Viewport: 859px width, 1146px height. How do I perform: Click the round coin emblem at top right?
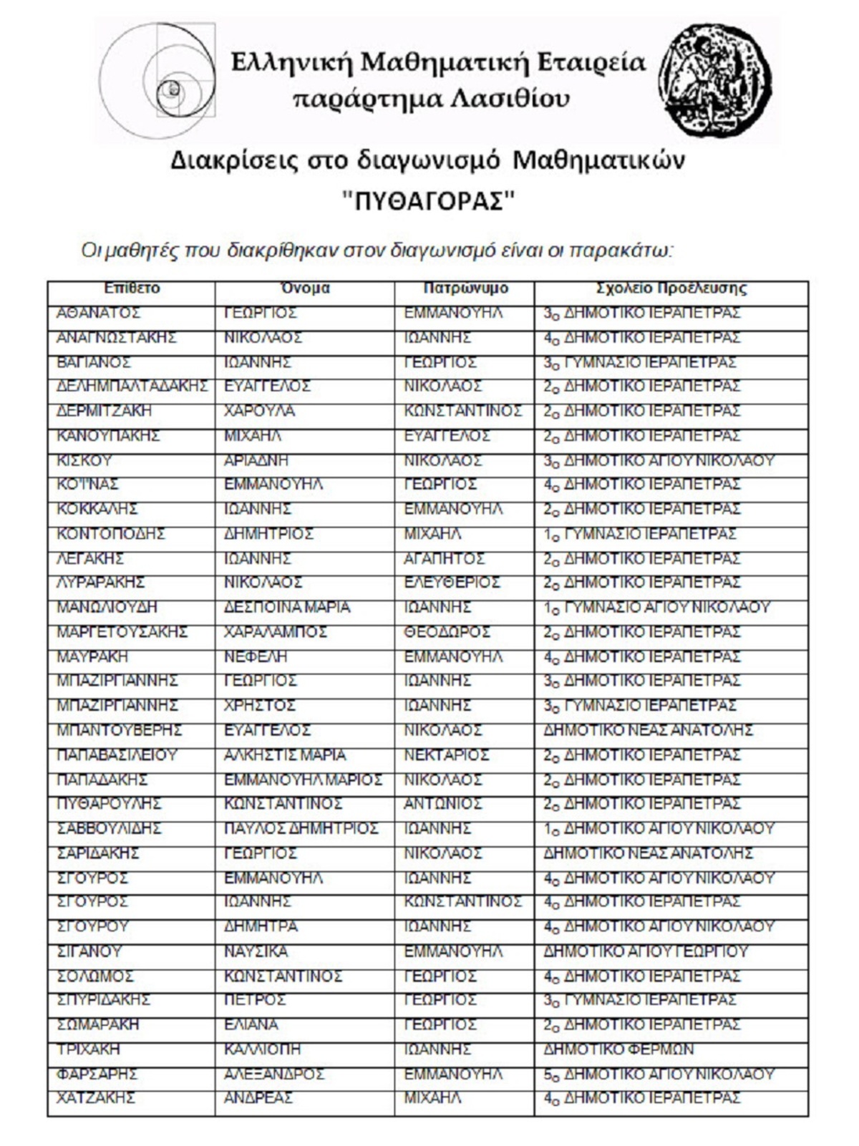tap(716, 79)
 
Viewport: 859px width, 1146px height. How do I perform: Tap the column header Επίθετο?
tap(132, 288)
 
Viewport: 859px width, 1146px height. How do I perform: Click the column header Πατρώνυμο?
tap(465, 288)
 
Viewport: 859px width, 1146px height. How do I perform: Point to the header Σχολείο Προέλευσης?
tap(671, 288)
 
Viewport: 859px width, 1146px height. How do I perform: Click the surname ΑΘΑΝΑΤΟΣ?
tap(99, 314)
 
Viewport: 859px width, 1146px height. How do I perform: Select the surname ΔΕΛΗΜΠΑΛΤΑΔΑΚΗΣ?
tap(132, 387)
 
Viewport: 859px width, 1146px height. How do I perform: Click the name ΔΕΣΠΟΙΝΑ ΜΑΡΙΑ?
tap(287, 607)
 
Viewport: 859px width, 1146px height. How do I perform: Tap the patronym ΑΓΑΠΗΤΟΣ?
tap(444, 558)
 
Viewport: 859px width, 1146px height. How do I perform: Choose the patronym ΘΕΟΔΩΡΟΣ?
tap(447, 632)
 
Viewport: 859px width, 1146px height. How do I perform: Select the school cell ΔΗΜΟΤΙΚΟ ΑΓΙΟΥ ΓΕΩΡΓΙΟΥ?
tap(646, 951)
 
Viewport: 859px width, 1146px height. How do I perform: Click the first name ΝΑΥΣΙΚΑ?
tap(256, 951)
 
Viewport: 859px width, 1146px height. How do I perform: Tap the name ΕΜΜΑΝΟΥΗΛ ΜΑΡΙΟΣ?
tap(303, 780)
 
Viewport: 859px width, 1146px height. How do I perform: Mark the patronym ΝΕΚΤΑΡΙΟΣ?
tap(446, 755)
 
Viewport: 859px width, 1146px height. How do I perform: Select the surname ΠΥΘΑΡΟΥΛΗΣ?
tap(110, 804)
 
